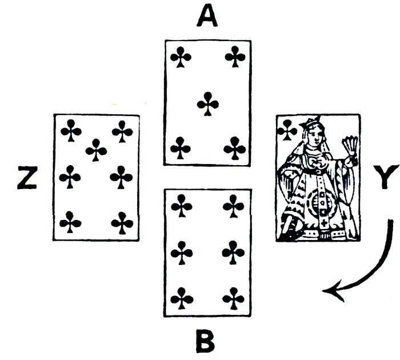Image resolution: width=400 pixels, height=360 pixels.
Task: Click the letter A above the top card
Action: pos(207,17)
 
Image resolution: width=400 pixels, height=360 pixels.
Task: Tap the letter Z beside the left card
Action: pos(27,179)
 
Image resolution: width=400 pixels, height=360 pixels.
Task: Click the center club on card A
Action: pos(207,105)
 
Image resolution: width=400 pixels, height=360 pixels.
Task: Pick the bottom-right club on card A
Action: pos(234,148)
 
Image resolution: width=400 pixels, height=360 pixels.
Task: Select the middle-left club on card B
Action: pos(182,251)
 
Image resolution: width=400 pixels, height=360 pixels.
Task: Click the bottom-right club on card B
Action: pos(234,298)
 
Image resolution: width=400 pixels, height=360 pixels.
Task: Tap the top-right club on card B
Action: pos(234,206)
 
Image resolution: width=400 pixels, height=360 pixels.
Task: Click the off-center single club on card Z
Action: pos(96,150)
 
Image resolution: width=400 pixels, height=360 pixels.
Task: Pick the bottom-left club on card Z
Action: pos(70,222)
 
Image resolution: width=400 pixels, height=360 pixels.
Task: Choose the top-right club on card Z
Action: pos(122,131)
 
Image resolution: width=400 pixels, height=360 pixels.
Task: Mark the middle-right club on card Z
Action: pos(121,177)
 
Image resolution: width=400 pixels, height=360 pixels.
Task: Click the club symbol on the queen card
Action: pos(287,131)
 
